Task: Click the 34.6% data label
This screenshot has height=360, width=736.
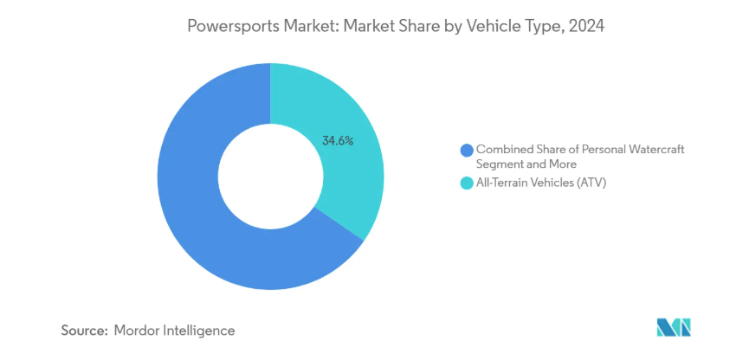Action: [x=338, y=140]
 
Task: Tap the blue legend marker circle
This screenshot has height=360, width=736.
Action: [x=467, y=151]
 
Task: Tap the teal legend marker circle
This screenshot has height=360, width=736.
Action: [x=467, y=183]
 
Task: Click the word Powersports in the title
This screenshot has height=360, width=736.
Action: [x=228, y=27]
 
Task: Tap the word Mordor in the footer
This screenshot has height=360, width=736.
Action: [x=139, y=331]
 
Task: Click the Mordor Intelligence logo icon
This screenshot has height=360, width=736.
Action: [x=675, y=328]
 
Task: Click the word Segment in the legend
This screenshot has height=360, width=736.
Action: [x=500, y=163]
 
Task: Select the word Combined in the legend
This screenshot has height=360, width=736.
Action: [x=504, y=150]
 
